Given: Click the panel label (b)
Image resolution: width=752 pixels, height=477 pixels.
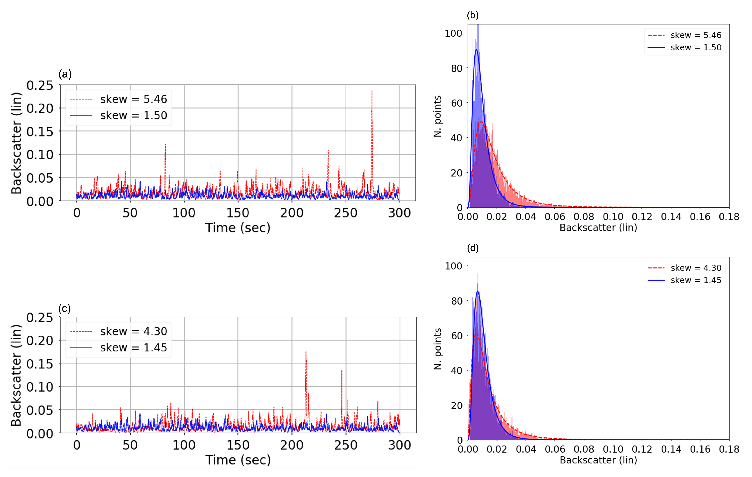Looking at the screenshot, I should pyautogui.click(x=473, y=15).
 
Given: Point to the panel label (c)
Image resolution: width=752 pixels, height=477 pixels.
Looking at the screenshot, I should pyautogui.click(x=64, y=309).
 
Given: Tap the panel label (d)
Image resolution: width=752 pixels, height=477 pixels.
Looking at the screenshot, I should pyautogui.click(x=473, y=248).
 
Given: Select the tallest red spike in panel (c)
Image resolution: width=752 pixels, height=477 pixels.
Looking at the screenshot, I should pyautogui.click(x=306, y=352).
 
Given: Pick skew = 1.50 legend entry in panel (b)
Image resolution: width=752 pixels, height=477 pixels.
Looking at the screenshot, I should pyautogui.click(x=696, y=48).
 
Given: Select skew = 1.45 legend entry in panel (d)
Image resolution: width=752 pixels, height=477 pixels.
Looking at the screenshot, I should pyautogui.click(x=696, y=280).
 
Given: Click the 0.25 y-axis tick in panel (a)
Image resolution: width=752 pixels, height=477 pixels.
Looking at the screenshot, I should pyautogui.click(x=40, y=85).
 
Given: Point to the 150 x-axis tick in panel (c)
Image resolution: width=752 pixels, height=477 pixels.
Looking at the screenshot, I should pyautogui.click(x=238, y=445).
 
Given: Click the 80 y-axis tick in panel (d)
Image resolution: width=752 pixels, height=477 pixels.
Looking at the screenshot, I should pyautogui.click(x=457, y=301).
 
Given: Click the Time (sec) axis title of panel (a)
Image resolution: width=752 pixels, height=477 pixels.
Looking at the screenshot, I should pyautogui.click(x=238, y=228).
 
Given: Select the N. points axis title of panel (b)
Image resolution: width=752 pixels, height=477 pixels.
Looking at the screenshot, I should pyautogui.click(x=438, y=116).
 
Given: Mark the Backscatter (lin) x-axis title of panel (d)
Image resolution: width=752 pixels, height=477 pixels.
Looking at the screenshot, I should pyautogui.click(x=598, y=460).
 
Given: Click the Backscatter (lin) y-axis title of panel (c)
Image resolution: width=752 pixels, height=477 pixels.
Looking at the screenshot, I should pyautogui.click(x=16, y=375).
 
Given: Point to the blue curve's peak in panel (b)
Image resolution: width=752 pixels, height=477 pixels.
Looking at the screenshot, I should pyautogui.click(x=476, y=50).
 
